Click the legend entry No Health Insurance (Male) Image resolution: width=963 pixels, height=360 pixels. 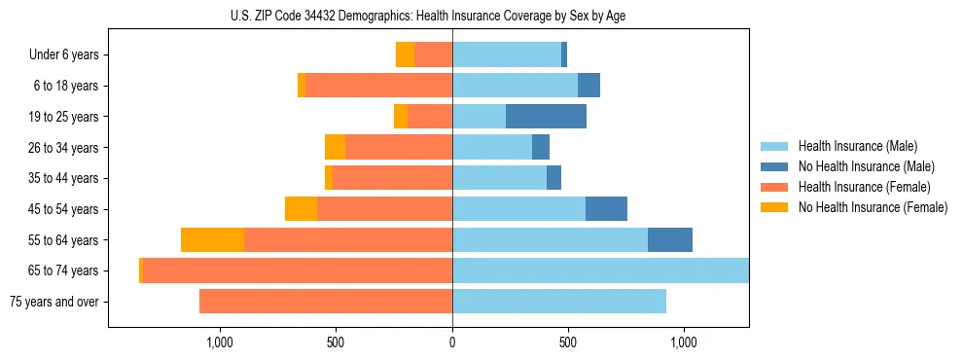(x=866, y=166)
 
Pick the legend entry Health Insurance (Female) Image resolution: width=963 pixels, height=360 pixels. (x=865, y=187)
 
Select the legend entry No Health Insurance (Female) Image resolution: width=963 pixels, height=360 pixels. (x=873, y=207)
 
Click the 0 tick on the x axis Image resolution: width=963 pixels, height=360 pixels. (x=452, y=342)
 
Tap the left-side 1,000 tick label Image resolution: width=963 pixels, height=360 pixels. (x=219, y=342)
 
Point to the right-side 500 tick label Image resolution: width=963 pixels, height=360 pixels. (x=568, y=342)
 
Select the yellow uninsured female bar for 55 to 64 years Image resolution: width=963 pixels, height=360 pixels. (x=212, y=240)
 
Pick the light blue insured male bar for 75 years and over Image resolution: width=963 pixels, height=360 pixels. (x=559, y=302)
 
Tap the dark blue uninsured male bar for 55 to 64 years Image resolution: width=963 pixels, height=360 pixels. (x=670, y=240)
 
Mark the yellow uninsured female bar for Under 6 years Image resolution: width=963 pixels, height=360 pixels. (x=405, y=55)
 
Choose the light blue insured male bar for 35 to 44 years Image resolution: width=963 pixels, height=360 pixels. (x=499, y=178)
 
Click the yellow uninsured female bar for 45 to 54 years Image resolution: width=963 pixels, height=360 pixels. (x=301, y=209)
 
